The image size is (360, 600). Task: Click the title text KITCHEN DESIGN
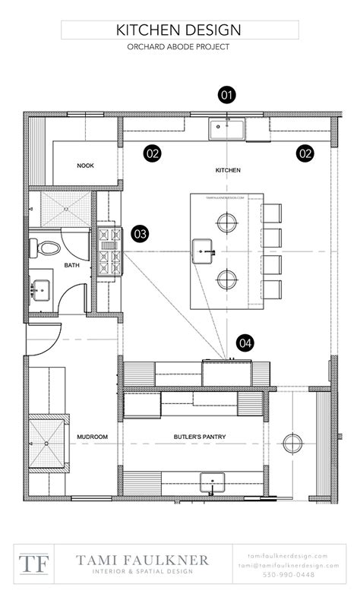point(178,30)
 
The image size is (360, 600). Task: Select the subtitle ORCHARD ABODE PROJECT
point(178,47)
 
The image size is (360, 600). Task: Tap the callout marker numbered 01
point(226,95)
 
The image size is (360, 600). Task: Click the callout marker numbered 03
point(140,234)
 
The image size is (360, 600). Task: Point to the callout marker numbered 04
point(245,343)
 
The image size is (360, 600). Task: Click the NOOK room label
point(85,166)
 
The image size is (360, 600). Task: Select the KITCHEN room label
point(228,171)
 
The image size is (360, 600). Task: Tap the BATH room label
point(71,266)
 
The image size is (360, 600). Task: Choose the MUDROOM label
point(90,437)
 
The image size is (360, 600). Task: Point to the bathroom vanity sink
point(39,289)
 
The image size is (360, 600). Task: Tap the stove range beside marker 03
point(106,251)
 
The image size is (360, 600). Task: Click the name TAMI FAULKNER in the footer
point(141,560)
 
